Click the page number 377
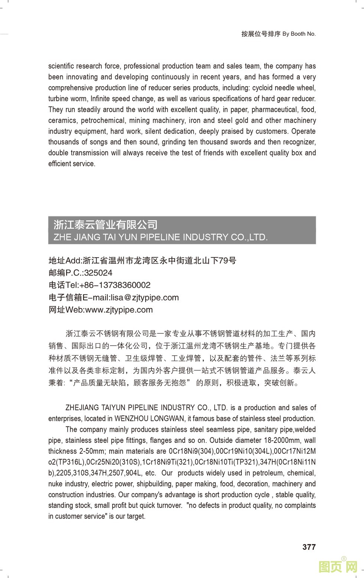click(x=309, y=547)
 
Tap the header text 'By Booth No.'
click(x=299, y=34)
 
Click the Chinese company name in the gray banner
click(x=105, y=225)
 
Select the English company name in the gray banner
click(x=160, y=237)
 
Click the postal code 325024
click(x=98, y=273)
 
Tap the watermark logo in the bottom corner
click(x=338, y=566)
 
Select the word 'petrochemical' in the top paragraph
click(x=103, y=120)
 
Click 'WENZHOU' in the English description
click(x=130, y=418)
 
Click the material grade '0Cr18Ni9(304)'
click(x=192, y=451)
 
